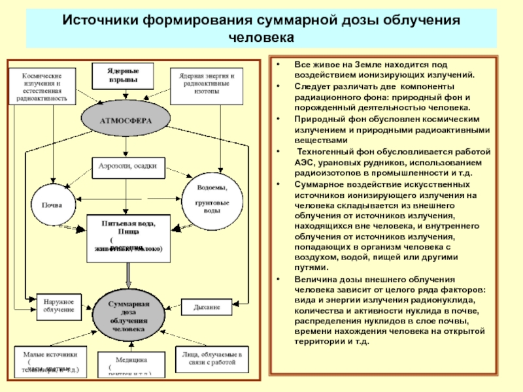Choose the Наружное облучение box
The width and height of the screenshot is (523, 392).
59,304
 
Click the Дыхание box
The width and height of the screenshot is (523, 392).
207,306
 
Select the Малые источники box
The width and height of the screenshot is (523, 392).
50,362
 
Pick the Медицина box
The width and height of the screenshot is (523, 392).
128,365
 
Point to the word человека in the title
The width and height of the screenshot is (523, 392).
261,37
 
